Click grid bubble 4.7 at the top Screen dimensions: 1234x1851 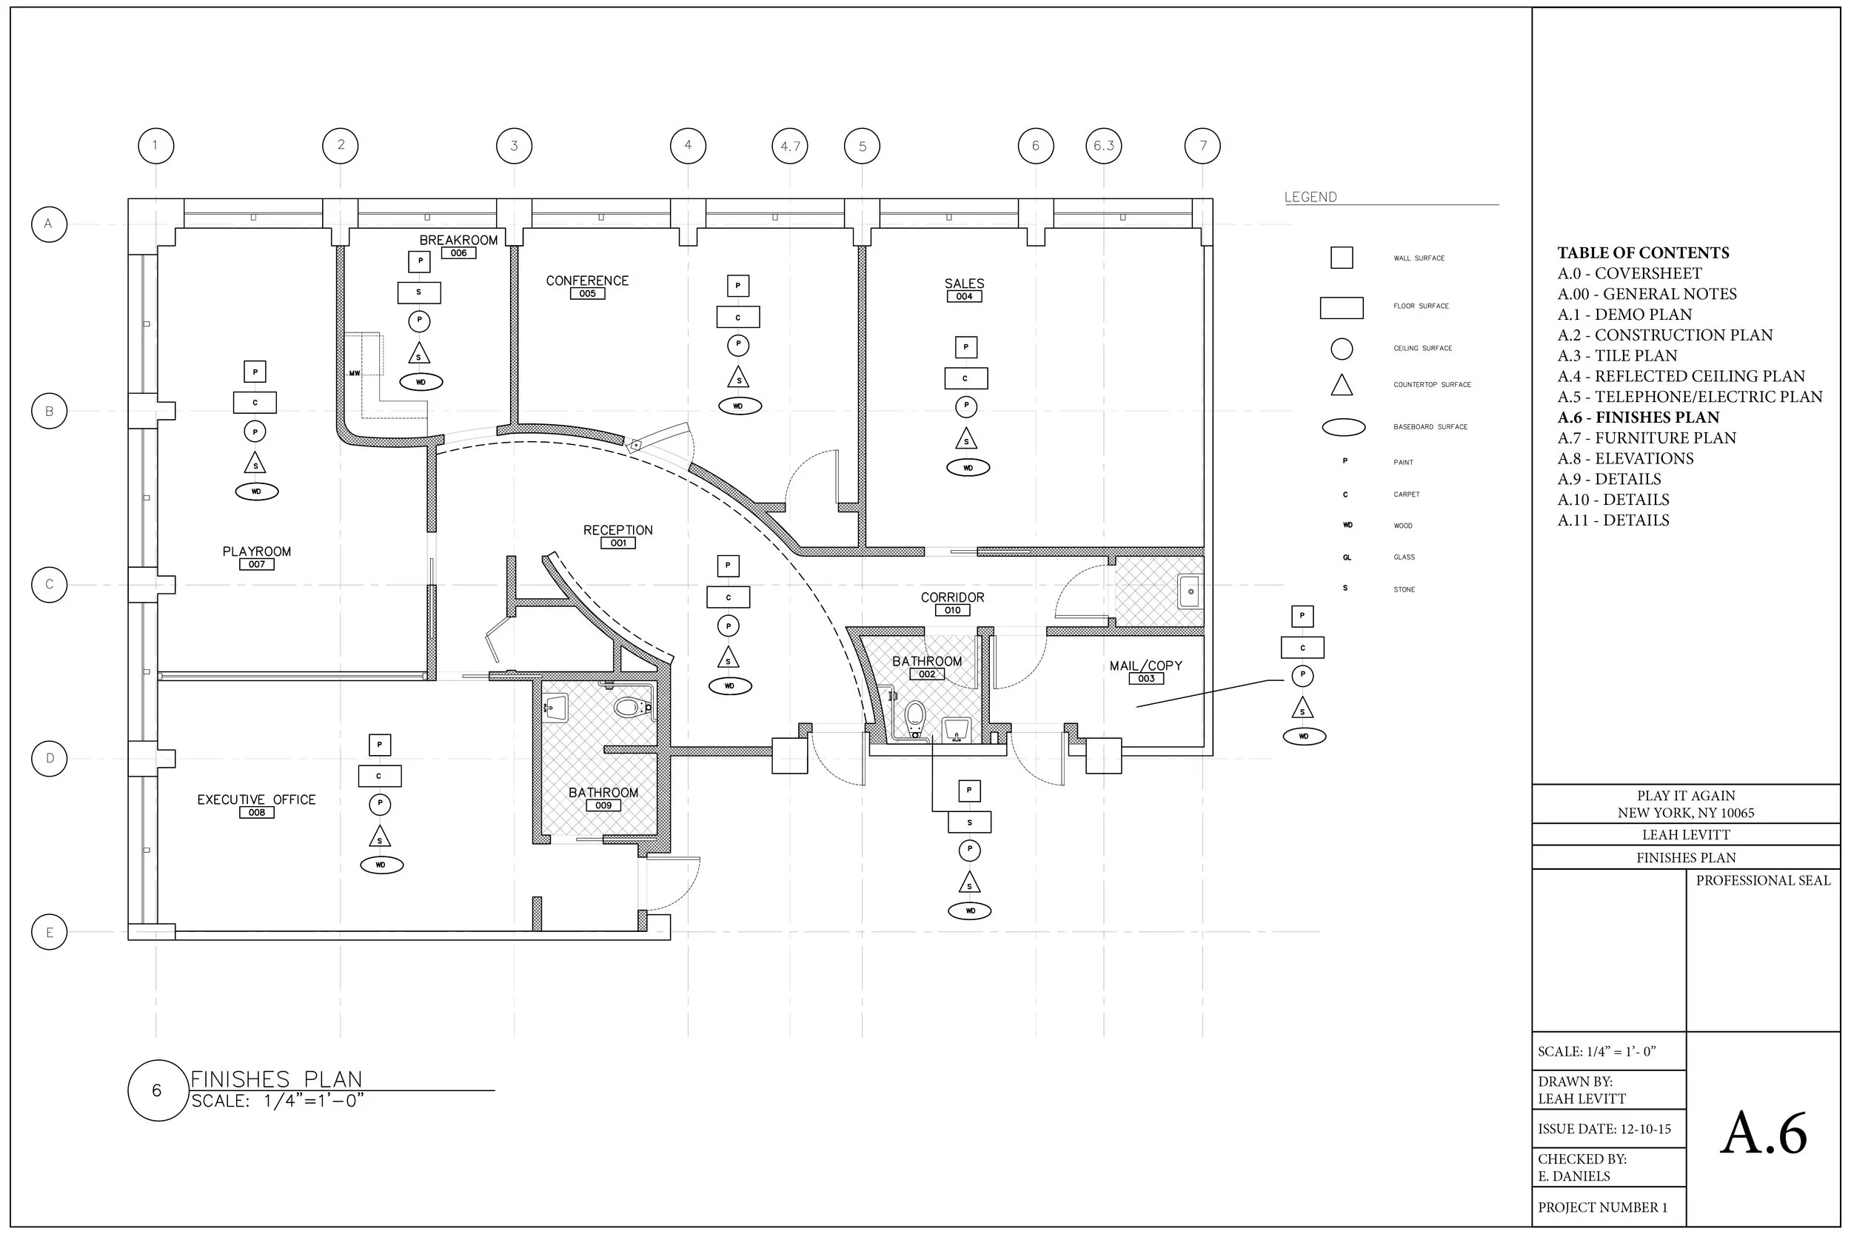(x=789, y=147)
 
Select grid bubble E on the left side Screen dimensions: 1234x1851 (x=49, y=933)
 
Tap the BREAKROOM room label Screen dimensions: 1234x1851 (x=458, y=240)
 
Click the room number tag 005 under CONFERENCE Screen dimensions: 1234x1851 (x=587, y=294)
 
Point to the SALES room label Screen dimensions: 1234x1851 (x=964, y=284)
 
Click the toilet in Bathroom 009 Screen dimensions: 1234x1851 (x=629, y=707)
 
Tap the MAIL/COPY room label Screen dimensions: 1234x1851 (x=1145, y=665)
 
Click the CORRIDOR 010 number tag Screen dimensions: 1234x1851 (x=952, y=611)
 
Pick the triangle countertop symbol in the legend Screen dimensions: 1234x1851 (x=1341, y=385)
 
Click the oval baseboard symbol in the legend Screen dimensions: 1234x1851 (x=1342, y=427)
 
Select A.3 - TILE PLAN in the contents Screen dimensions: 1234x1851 (x=1616, y=356)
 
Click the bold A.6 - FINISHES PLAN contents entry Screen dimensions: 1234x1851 (x=1638, y=417)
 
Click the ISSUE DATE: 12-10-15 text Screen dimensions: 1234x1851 (x=1604, y=1129)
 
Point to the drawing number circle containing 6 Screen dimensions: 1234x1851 (x=157, y=1090)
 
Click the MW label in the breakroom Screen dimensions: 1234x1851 (x=354, y=373)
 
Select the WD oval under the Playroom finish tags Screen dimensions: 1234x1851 (x=257, y=492)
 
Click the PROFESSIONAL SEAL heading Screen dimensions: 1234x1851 (x=1762, y=881)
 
